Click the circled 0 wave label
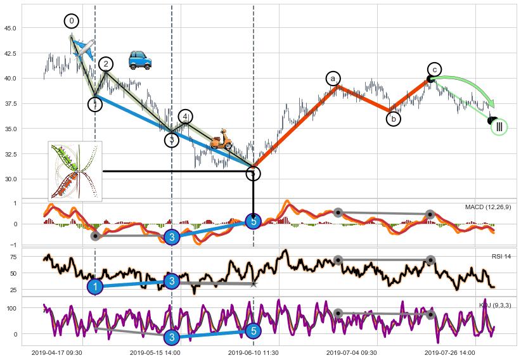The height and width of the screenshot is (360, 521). [72, 22]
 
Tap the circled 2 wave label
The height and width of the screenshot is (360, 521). [106, 64]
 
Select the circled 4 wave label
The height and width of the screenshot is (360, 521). [185, 117]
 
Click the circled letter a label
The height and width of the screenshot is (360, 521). [333, 79]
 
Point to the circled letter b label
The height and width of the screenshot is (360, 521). [394, 119]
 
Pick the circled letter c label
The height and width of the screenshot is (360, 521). [434, 69]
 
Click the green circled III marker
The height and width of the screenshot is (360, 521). [499, 127]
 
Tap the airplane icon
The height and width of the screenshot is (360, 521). [84, 48]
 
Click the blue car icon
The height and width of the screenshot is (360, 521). [139, 60]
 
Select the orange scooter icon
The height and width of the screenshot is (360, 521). [221, 139]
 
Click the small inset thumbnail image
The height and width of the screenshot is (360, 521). [75, 171]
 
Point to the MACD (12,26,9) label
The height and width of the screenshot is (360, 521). [487, 207]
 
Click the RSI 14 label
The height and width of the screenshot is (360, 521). [501, 257]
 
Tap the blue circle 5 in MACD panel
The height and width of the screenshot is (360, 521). [254, 221]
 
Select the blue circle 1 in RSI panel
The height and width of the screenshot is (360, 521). [95, 286]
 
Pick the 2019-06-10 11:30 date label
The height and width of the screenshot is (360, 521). [254, 352]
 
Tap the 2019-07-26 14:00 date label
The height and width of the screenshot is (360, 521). [450, 352]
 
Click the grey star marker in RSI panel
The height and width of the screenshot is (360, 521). [254, 283]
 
